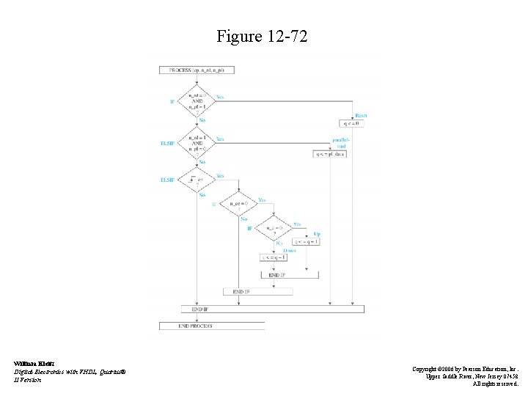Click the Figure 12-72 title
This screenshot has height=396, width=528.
coord(262,36)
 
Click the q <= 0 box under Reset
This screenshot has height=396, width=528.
coord(351,123)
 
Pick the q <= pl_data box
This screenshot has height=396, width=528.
coord(330,154)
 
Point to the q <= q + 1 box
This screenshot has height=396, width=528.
coord(307,241)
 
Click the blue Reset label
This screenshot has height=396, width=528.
coord(361,115)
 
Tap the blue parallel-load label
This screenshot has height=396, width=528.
coord(340,142)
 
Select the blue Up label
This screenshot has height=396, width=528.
coord(317,233)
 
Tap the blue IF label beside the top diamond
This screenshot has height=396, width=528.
coord(172,101)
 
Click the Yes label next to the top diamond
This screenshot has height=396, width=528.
coord(220,96)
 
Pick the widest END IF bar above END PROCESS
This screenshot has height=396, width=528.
coord(272,309)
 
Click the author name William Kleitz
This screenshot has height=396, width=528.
coord(29,363)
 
